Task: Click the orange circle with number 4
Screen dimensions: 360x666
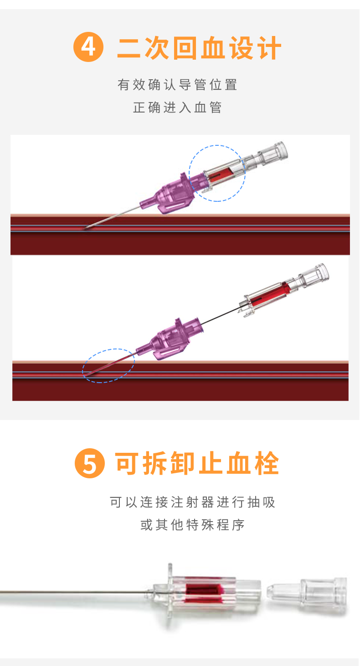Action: pos(88,47)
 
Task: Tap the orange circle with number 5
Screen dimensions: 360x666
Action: pos(90,463)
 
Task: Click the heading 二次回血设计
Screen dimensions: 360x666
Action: pos(199,47)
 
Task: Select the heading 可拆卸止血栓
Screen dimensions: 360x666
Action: pos(197,463)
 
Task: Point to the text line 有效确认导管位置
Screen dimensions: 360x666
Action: pos(178,85)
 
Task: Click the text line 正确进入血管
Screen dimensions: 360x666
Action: pos(178,108)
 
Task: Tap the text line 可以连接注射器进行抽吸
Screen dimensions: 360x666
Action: pos(192,502)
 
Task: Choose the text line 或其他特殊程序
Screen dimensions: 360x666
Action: pos(192,525)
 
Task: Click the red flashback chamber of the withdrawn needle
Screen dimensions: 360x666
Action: pos(269,294)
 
